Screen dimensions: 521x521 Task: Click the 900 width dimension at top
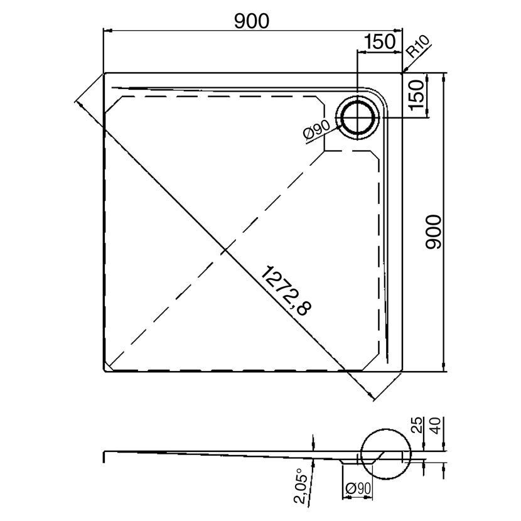(x=252, y=21)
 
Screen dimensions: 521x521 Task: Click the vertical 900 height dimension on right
(x=434, y=232)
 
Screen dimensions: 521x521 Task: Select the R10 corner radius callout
(x=419, y=46)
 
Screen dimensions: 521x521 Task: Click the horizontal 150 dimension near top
(x=380, y=41)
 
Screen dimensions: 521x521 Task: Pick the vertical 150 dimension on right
(x=417, y=95)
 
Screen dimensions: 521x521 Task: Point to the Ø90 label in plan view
(x=316, y=130)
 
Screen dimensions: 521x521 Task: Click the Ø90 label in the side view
(x=358, y=488)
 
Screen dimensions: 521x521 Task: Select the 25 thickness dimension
(x=418, y=425)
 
